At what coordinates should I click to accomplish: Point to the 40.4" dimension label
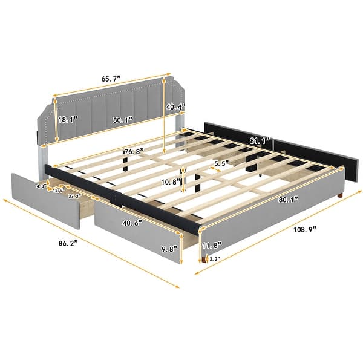pyautogui.click(x=174, y=108)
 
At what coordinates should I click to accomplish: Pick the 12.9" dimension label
pyautogui.click(x=59, y=191)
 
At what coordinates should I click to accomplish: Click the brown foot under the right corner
pyautogui.click(x=344, y=197)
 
